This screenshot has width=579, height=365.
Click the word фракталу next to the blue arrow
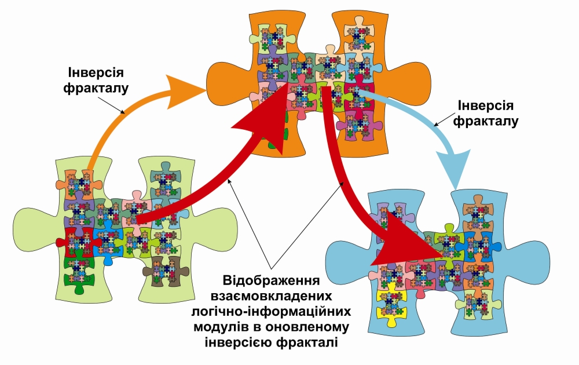485,122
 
